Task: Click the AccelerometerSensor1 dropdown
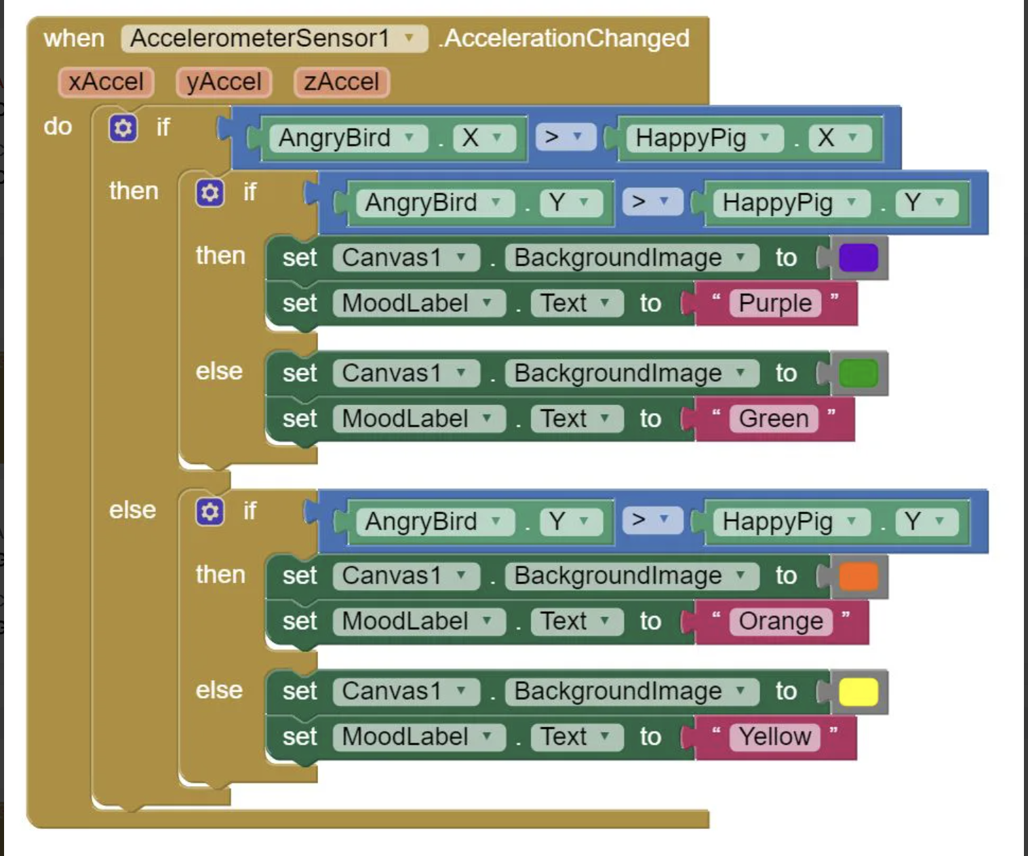[x=274, y=39]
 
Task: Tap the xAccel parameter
[x=106, y=82]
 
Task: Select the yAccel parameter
[x=224, y=82]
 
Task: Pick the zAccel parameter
[x=342, y=82]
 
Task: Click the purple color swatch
[x=858, y=258]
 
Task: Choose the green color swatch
[x=858, y=373]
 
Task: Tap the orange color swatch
[x=858, y=576]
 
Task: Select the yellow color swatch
[x=858, y=691]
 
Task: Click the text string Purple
[x=776, y=303]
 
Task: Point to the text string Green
[x=774, y=419]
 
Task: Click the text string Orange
[x=781, y=621]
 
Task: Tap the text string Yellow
[x=775, y=737]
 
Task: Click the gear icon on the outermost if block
[x=123, y=128]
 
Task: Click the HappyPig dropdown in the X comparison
[x=705, y=138]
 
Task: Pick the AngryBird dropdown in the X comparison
[x=348, y=138]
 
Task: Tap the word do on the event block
[x=58, y=127]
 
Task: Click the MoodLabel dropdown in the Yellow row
[x=419, y=737]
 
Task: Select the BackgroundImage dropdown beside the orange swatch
[x=632, y=576]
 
